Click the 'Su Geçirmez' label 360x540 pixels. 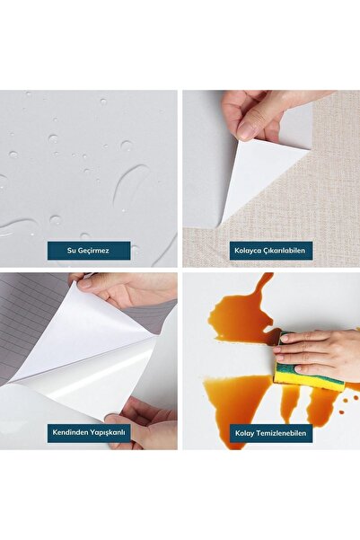click(x=89, y=251)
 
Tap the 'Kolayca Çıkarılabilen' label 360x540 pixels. click(x=271, y=251)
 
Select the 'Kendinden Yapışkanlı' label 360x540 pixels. click(x=89, y=433)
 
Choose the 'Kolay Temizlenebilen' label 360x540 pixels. click(x=271, y=433)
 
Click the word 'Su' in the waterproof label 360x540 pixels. click(x=71, y=251)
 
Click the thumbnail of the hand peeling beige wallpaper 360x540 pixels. click(x=271, y=179)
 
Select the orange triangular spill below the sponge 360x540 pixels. click(x=238, y=403)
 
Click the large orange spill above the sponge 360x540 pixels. click(x=241, y=314)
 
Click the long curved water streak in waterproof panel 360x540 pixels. click(x=130, y=185)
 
